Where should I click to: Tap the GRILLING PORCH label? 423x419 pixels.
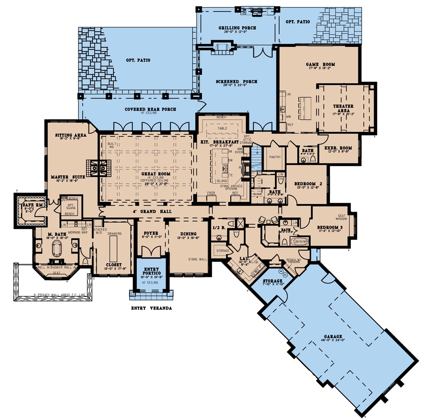coord(237,28)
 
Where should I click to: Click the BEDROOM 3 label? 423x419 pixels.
coord(330,227)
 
